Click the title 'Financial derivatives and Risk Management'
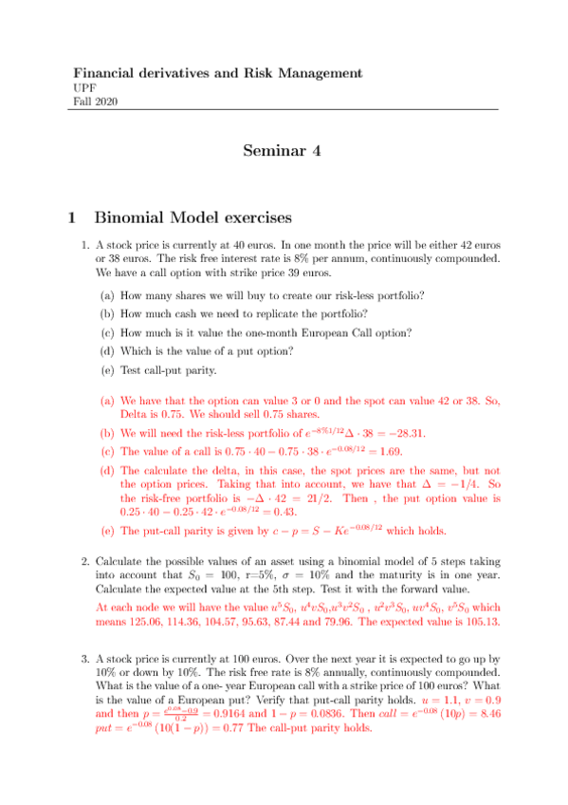tap(218, 72)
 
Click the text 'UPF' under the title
tap(83, 87)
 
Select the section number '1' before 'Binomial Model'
tap(72, 217)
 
